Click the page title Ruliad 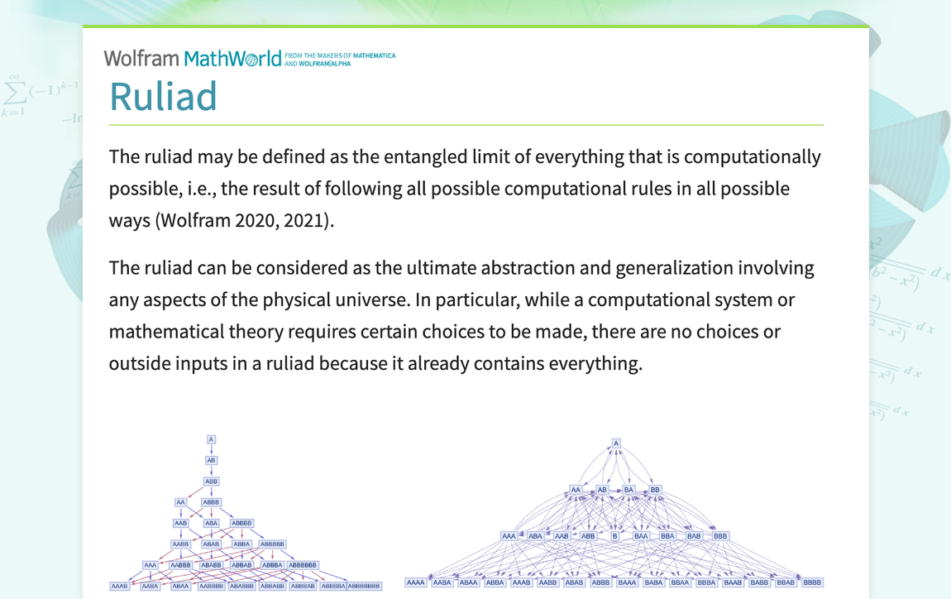point(163,96)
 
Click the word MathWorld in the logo point(232,59)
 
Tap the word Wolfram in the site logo point(141,58)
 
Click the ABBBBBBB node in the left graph point(364,587)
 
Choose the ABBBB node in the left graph point(241,523)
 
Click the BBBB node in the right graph point(812,582)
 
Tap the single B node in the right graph point(614,536)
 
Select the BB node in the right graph point(655,490)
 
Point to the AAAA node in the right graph point(415,582)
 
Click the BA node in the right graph point(628,490)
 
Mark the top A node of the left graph point(211,439)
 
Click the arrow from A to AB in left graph point(211,449)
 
